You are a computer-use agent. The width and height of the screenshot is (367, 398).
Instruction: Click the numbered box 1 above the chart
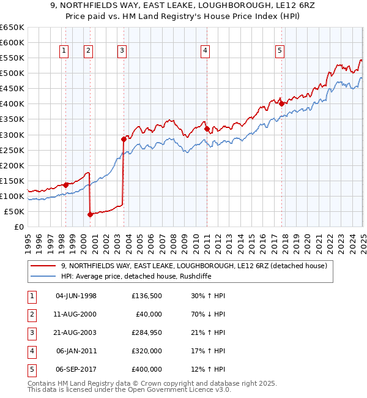pos(64,51)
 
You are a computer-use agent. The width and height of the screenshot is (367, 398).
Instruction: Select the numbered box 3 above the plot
pos(122,51)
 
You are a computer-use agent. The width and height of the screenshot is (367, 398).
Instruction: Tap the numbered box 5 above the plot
pos(280,51)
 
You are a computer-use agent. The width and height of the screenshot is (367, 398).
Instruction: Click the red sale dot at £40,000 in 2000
pos(90,214)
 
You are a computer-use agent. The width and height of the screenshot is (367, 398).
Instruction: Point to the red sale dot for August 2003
pos(124,139)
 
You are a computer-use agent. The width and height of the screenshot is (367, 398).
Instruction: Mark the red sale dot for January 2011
pos(206,129)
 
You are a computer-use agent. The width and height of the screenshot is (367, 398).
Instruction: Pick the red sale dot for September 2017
pos(281,103)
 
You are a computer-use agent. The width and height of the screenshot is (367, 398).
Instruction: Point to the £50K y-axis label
pos(14,211)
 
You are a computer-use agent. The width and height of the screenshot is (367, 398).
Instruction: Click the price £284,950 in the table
pos(146,332)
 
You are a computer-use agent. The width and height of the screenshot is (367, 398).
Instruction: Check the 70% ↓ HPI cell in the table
pos(209,314)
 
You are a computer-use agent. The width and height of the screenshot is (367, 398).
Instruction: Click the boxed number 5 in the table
pos(31,369)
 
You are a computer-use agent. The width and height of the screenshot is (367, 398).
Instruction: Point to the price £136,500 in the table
pos(146,296)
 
